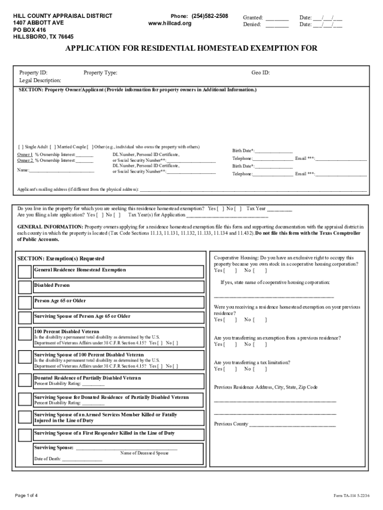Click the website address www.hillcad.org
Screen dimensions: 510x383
tap(170, 23)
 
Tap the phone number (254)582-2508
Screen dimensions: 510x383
tap(209, 16)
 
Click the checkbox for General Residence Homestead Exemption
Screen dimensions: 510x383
tap(24, 271)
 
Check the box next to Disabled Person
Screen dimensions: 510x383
tap(24, 287)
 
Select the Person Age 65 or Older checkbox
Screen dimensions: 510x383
tap(24, 303)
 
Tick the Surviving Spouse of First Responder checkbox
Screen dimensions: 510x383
tap(24, 435)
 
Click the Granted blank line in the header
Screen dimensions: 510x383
tap(277, 18)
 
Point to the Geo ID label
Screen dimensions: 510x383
tap(261, 73)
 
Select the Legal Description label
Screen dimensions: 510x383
tap(40, 80)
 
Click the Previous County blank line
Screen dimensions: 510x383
tap(292, 424)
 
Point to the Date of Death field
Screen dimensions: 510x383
tap(82, 459)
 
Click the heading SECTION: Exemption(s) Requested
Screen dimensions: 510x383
tap(61, 258)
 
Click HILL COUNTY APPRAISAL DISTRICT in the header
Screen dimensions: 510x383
tap(62, 16)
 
